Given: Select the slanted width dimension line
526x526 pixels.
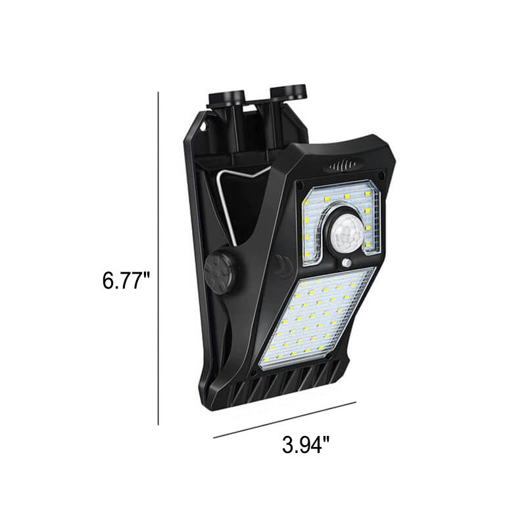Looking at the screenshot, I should click(285, 419).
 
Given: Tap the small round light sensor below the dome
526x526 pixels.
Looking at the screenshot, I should click(346, 264).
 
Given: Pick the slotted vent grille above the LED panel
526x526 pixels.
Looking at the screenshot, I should click(340, 167).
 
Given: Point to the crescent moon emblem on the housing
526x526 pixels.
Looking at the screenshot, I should click(281, 265).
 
